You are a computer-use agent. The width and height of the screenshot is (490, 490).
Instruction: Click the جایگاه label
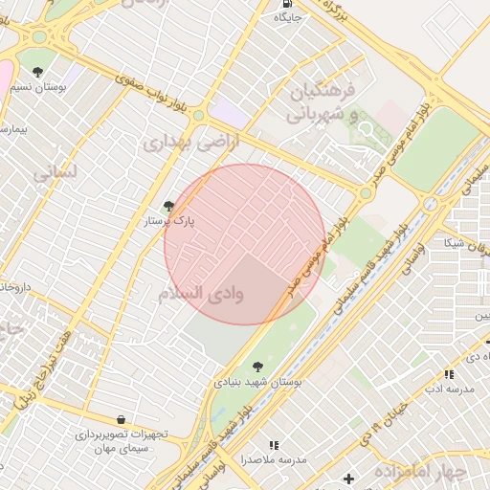pos(289,17)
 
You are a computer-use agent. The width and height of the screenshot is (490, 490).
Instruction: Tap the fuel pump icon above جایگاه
pos(287,3)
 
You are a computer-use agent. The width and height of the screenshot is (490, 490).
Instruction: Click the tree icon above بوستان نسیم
pos(37,72)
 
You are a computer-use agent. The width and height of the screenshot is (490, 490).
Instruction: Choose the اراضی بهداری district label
pos(181,144)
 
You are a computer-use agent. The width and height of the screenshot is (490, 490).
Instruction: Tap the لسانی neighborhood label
pos(53,175)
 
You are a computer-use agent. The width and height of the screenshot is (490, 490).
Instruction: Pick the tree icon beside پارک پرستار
pos(169,206)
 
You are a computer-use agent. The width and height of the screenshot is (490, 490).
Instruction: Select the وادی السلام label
pos(201,294)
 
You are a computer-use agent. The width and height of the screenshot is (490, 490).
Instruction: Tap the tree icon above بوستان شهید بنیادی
pos(257,366)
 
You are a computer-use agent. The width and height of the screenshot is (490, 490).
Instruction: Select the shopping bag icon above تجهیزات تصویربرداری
pos(121,419)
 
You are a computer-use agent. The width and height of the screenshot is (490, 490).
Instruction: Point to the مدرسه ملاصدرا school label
pos(274,460)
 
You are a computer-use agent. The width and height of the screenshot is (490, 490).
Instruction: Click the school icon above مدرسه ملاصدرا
pos(274,445)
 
